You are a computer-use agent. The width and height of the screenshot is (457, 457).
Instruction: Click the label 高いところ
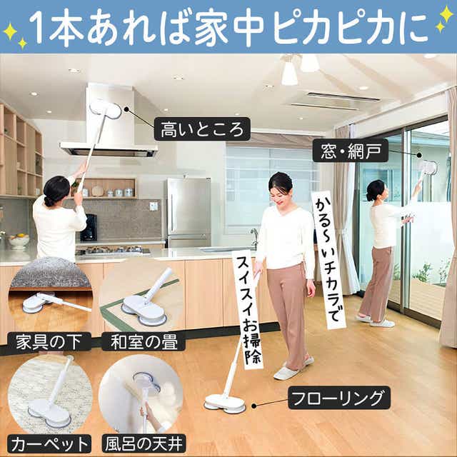pos(202,129)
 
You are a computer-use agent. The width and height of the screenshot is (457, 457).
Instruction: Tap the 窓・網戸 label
pos(351,151)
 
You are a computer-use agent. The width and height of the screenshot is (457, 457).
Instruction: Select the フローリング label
pos(339,398)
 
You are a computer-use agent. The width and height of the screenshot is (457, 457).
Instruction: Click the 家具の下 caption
pos(49,342)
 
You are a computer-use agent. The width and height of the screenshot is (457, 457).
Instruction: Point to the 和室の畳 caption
pos(144,342)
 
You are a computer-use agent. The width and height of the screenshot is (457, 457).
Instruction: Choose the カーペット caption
pos(49,444)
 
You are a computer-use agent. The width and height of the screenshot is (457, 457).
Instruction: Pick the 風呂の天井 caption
pos(144,444)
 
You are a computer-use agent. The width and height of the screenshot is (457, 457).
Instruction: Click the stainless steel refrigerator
pos(189,213)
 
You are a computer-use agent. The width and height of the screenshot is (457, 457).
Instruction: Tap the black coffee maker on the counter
pos(89,228)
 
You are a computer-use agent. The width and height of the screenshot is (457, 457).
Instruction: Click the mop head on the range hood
pos(105,110)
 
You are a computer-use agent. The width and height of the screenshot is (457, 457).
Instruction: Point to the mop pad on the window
pos(428,168)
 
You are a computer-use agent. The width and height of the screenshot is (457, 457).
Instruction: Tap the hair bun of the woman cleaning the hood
pos(48,201)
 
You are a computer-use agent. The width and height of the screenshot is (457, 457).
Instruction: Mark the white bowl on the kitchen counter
pos(19,241)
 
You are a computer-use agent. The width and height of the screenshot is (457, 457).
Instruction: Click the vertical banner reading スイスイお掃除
pos(248,309)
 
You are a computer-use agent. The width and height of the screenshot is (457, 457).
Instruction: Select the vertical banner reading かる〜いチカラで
pos(328,259)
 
